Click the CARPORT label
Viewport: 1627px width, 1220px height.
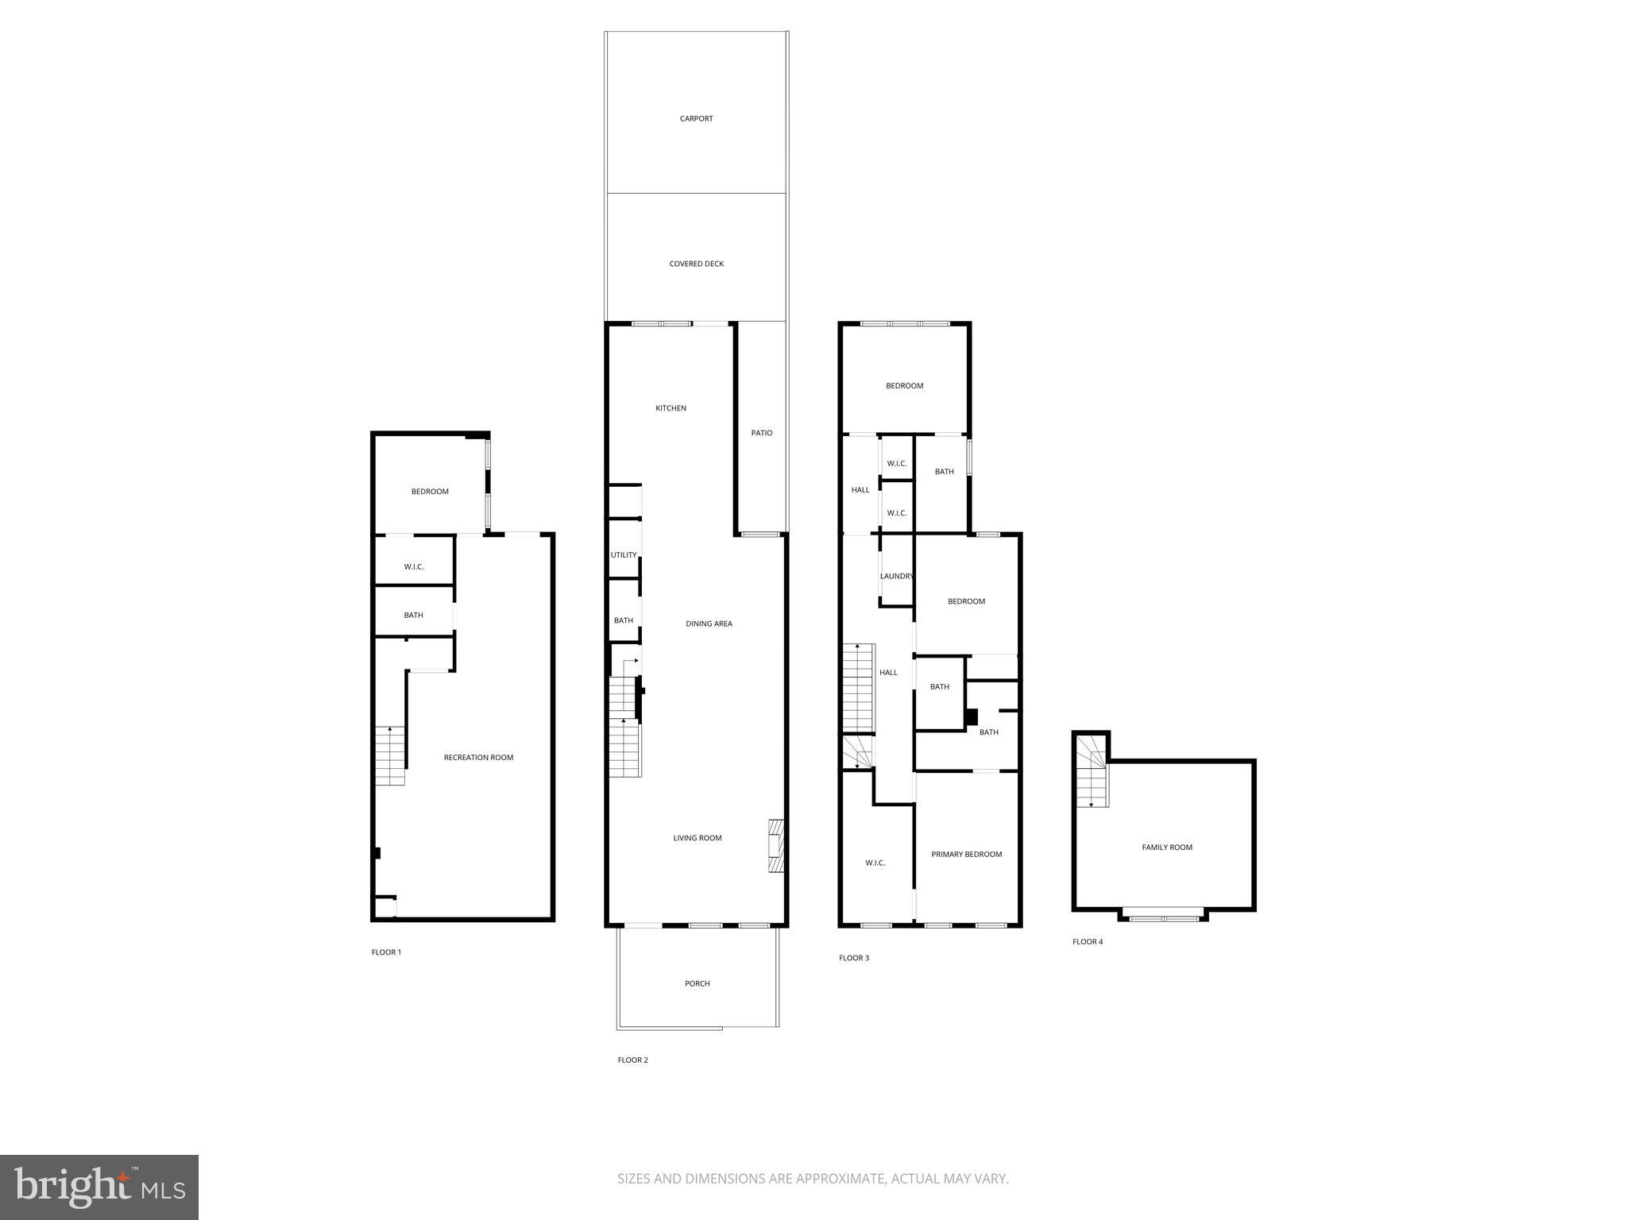coord(696,119)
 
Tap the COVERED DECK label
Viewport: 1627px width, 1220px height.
coord(696,264)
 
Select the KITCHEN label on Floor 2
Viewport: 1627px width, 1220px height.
coord(671,408)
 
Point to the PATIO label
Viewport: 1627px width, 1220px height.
coord(762,433)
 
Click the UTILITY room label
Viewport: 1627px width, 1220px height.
coord(624,555)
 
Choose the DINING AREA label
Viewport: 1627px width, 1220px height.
coord(709,624)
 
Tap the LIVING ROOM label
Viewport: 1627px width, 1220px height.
coord(697,838)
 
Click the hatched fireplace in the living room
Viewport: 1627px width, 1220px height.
coord(776,845)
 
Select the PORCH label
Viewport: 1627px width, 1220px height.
coord(697,983)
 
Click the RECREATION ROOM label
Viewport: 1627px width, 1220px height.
coord(478,758)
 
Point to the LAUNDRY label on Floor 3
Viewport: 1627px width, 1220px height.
coord(896,577)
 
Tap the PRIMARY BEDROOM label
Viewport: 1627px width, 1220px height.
coord(966,855)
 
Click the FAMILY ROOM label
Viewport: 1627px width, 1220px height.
coord(1167,847)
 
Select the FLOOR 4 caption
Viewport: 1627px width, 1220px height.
coord(1088,942)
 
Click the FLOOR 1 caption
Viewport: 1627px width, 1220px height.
coord(386,952)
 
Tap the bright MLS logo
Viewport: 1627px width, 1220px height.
coord(99,1187)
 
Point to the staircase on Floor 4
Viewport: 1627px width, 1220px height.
coord(1092,770)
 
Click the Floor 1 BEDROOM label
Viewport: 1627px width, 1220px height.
coord(430,492)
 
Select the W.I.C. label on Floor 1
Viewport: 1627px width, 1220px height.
coord(413,567)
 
